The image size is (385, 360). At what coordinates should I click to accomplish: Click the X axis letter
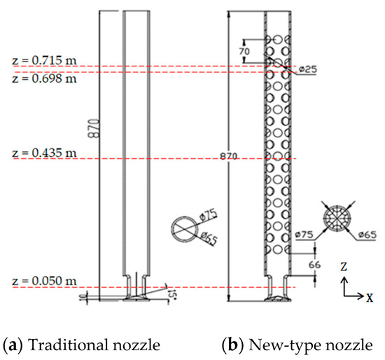(369, 297)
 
